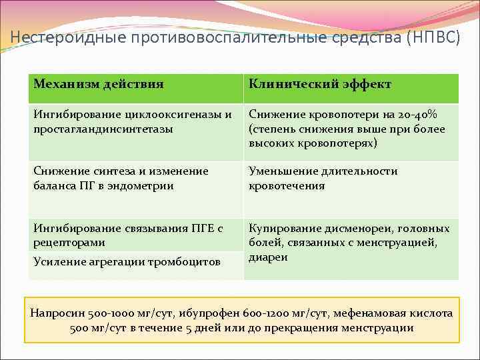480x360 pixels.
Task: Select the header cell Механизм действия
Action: (x=99, y=84)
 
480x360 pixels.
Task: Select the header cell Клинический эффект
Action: (x=319, y=84)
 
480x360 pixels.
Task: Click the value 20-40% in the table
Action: (x=421, y=114)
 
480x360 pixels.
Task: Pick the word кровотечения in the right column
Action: (x=287, y=186)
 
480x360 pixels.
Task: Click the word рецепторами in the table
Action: (x=68, y=243)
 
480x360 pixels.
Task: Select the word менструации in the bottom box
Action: (x=381, y=328)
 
